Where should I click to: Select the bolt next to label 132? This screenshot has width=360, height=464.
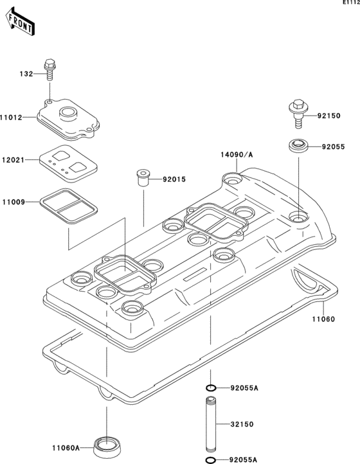[x=49, y=69]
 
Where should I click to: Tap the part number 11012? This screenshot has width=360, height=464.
[x=12, y=118]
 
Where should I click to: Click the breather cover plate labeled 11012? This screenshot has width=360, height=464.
[x=67, y=120]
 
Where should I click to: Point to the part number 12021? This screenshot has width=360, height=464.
[x=12, y=159]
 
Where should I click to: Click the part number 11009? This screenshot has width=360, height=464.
[x=12, y=202]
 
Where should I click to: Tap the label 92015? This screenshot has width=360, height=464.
[x=173, y=179]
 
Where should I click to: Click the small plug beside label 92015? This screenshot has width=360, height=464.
[x=143, y=177]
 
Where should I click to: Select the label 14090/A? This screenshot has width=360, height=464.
[x=235, y=155]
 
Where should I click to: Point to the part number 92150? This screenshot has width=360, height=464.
[x=330, y=116]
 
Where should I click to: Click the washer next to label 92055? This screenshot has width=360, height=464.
[x=297, y=146]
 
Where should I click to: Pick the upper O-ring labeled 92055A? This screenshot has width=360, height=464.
[x=210, y=388]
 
